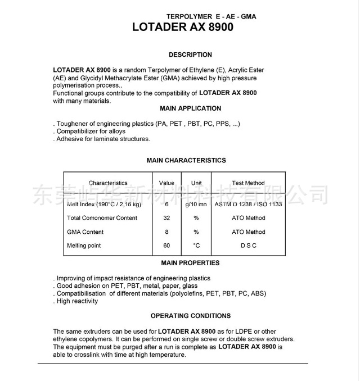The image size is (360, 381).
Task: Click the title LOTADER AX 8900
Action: (x=182, y=27)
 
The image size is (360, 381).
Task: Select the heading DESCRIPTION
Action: (x=190, y=55)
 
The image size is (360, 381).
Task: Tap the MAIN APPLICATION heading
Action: (x=191, y=108)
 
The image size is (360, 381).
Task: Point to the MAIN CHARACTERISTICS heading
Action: (x=186, y=161)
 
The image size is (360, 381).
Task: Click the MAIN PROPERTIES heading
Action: (x=190, y=263)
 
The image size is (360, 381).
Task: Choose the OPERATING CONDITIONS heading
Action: (x=190, y=316)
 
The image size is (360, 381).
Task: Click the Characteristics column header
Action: (x=108, y=183)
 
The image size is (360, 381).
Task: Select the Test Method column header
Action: (x=248, y=183)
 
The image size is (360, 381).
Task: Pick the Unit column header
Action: (x=196, y=183)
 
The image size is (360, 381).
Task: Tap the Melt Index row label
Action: (x=104, y=205)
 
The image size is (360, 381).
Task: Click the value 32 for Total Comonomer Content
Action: (x=166, y=218)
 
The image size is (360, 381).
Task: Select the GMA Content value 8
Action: (x=166, y=232)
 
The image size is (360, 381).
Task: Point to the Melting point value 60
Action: (x=166, y=246)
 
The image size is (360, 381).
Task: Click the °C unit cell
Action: (x=196, y=246)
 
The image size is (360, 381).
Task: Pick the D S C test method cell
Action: (x=248, y=246)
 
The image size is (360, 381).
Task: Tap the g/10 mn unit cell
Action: (x=196, y=205)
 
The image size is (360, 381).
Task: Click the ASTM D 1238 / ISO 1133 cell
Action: (x=248, y=205)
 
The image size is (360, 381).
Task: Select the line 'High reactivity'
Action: (x=77, y=301)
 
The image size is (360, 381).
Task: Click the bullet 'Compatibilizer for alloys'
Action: (x=91, y=131)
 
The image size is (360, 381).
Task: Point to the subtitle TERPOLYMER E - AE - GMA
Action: (x=211, y=16)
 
